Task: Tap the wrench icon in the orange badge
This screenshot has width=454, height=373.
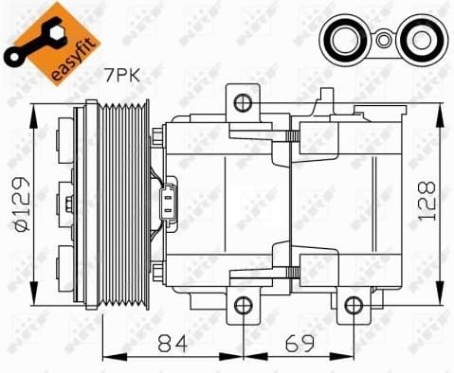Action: point(25,26)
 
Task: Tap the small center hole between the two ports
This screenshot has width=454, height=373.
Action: point(380,41)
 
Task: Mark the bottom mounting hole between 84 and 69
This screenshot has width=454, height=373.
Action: point(244,305)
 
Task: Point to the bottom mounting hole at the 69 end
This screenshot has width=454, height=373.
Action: point(354,305)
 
